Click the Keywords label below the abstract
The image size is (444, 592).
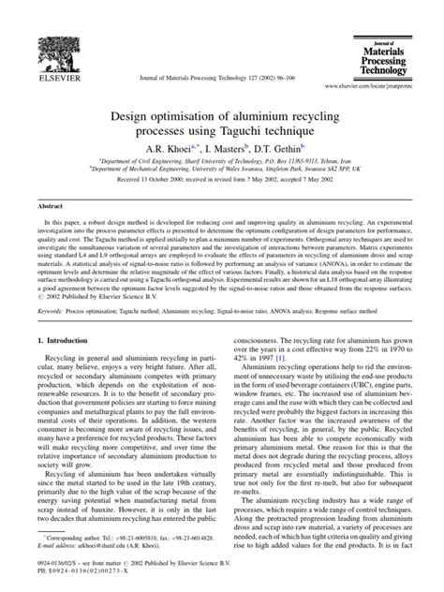click(x=50, y=308)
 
